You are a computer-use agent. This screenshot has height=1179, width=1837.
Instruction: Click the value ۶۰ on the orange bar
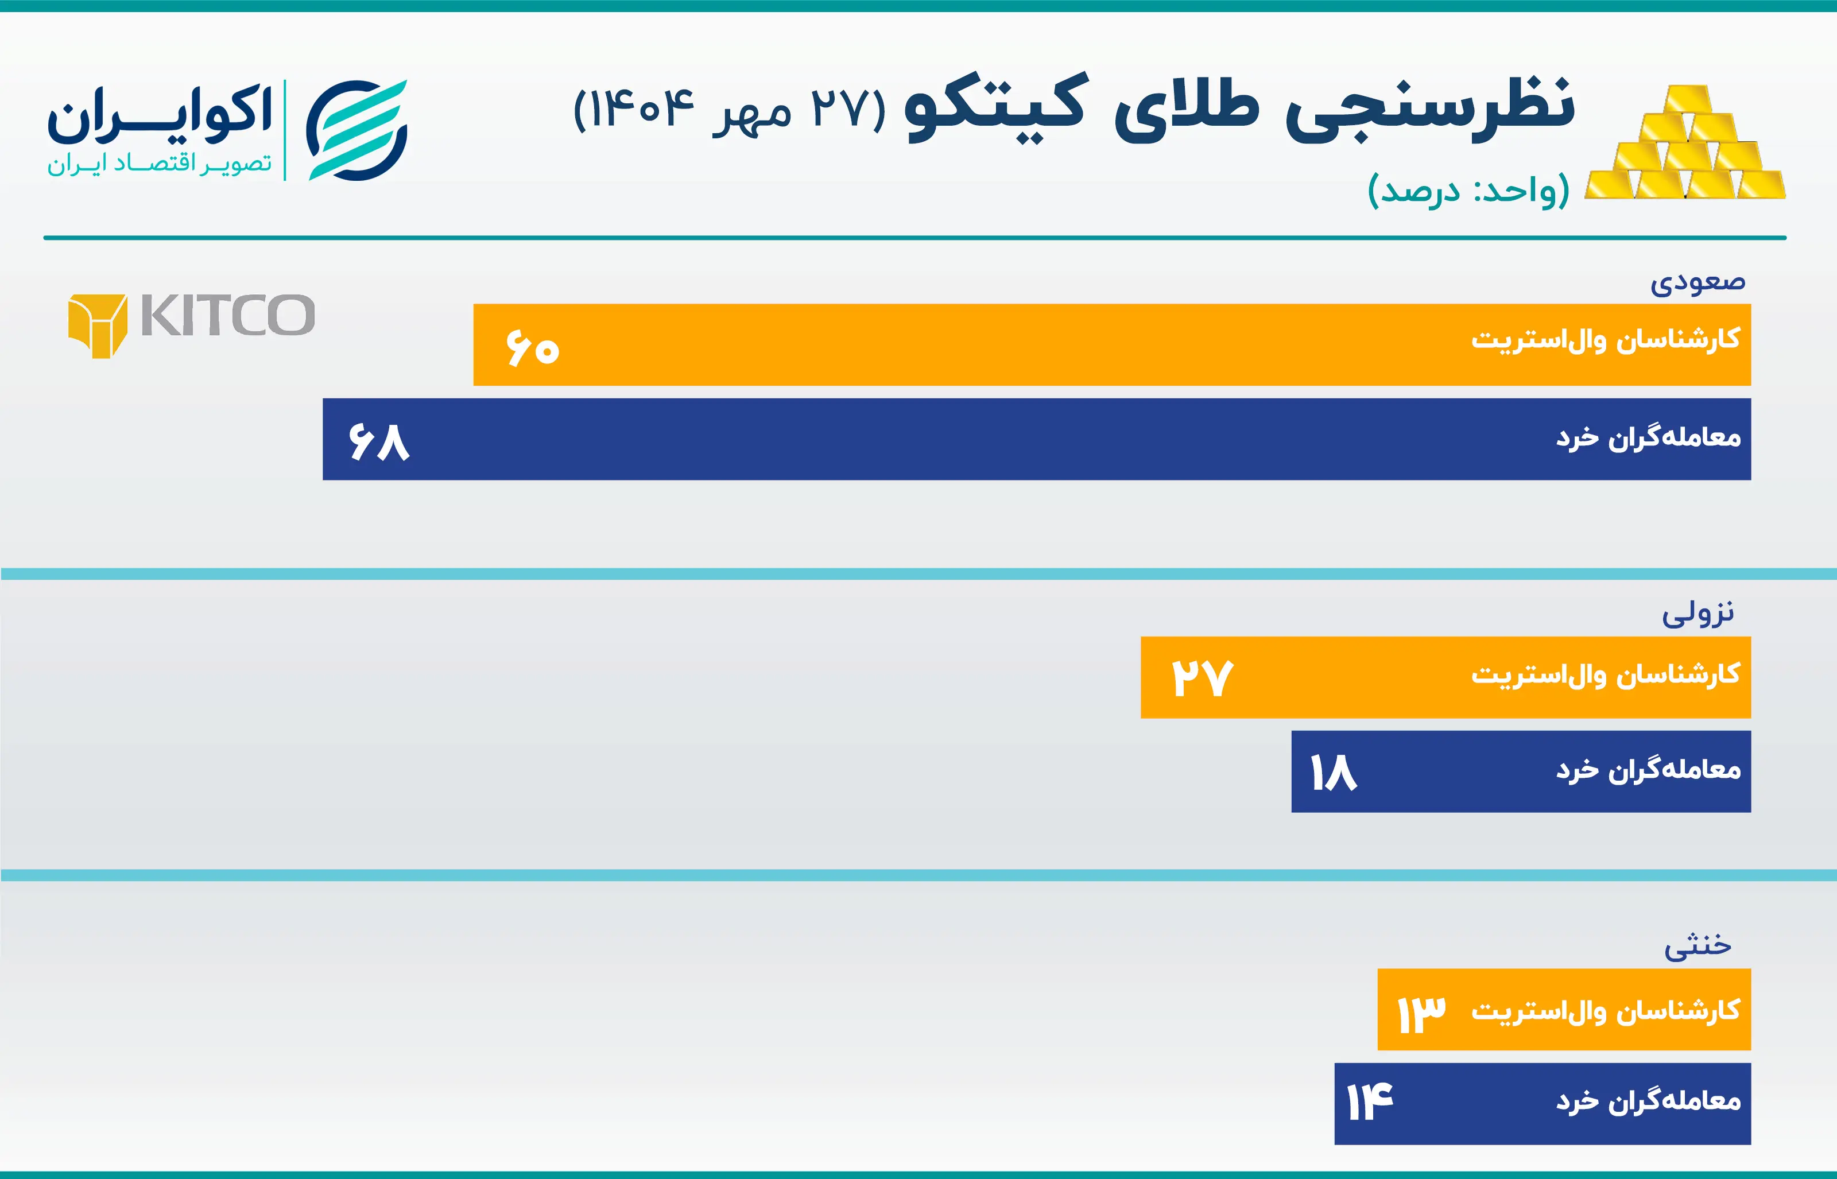click(x=533, y=348)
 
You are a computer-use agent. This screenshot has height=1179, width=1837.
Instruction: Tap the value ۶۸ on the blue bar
click(x=379, y=442)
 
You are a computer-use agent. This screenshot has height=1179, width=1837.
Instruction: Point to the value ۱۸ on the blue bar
click(x=1334, y=773)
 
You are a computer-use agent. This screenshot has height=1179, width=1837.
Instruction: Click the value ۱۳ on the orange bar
click(x=1421, y=1014)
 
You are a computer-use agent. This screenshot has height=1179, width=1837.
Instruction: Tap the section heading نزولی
click(x=1698, y=613)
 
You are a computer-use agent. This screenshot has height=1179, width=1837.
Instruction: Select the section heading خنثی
click(x=1698, y=945)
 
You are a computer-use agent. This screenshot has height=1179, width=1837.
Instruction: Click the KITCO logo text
click(x=228, y=316)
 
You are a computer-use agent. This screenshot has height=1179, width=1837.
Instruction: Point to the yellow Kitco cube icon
click(x=97, y=325)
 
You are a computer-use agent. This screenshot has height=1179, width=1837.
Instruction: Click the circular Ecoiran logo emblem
click(x=356, y=130)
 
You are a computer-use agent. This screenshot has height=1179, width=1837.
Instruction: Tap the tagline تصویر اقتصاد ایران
click(x=159, y=164)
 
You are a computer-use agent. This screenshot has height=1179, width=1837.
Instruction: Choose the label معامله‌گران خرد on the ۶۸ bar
click(x=1648, y=438)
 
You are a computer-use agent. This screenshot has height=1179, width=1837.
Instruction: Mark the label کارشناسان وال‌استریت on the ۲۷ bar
click(x=1605, y=675)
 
